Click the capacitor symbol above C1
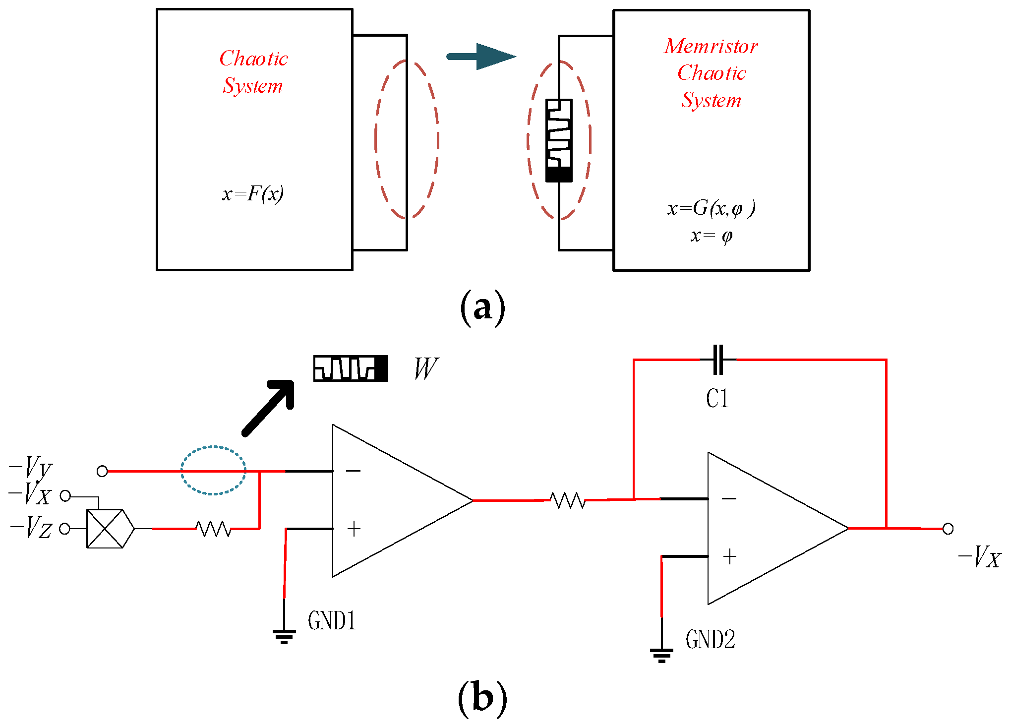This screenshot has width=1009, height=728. tap(717, 360)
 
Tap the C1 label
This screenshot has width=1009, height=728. tap(717, 399)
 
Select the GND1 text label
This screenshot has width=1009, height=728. tap(332, 621)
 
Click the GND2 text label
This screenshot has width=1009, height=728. tap(710, 640)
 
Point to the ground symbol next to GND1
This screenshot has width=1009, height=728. tap(284, 636)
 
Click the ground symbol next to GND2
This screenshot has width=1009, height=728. tap(661, 655)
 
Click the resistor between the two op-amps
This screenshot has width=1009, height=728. tap(568, 500)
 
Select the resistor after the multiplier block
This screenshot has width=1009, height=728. tap(214, 529)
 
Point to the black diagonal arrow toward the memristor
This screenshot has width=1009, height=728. tap(268, 408)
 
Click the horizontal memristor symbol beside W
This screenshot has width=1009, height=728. tap(351, 368)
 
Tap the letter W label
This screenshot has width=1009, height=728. tap(425, 368)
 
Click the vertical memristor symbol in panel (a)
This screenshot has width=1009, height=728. tap(559, 140)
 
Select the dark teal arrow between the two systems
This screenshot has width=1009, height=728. tap(481, 57)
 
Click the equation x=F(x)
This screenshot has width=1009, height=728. tap(253, 194)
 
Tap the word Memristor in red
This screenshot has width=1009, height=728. tap(711, 47)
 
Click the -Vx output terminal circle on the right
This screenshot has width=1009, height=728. tap(948, 529)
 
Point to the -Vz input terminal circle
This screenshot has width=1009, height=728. tap(64, 529)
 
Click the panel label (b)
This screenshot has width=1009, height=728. tap(482, 697)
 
